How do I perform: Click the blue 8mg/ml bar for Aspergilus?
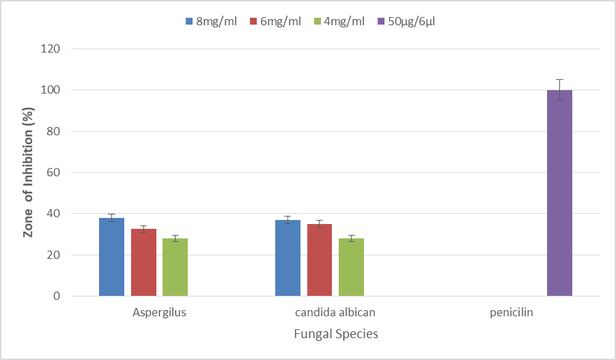click(x=111, y=257)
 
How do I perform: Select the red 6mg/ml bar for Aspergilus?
click(x=144, y=262)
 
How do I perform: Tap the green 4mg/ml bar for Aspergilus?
click(x=176, y=267)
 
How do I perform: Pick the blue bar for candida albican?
click(x=288, y=258)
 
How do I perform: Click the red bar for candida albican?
click(x=320, y=260)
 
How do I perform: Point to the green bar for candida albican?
click(x=352, y=267)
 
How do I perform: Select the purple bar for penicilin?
click(x=559, y=193)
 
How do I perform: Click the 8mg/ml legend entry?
click(x=211, y=21)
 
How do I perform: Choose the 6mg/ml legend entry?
click(x=275, y=21)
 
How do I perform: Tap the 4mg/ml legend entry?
click(x=339, y=21)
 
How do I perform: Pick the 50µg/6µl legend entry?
click(x=406, y=21)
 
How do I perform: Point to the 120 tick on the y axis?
click(x=51, y=49)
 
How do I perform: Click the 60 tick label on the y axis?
click(x=53, y=173)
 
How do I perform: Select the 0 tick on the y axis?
click(x=57, y=296)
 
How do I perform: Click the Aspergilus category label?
click(x=159, y=312)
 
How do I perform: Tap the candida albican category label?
click(x=335, y=312)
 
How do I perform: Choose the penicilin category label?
click(x=512, y=312)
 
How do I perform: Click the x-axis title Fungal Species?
click(x=336, y=333)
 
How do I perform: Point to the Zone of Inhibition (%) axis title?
click(x=28, y=173)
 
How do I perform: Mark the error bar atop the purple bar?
click(x=559, y=90)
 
